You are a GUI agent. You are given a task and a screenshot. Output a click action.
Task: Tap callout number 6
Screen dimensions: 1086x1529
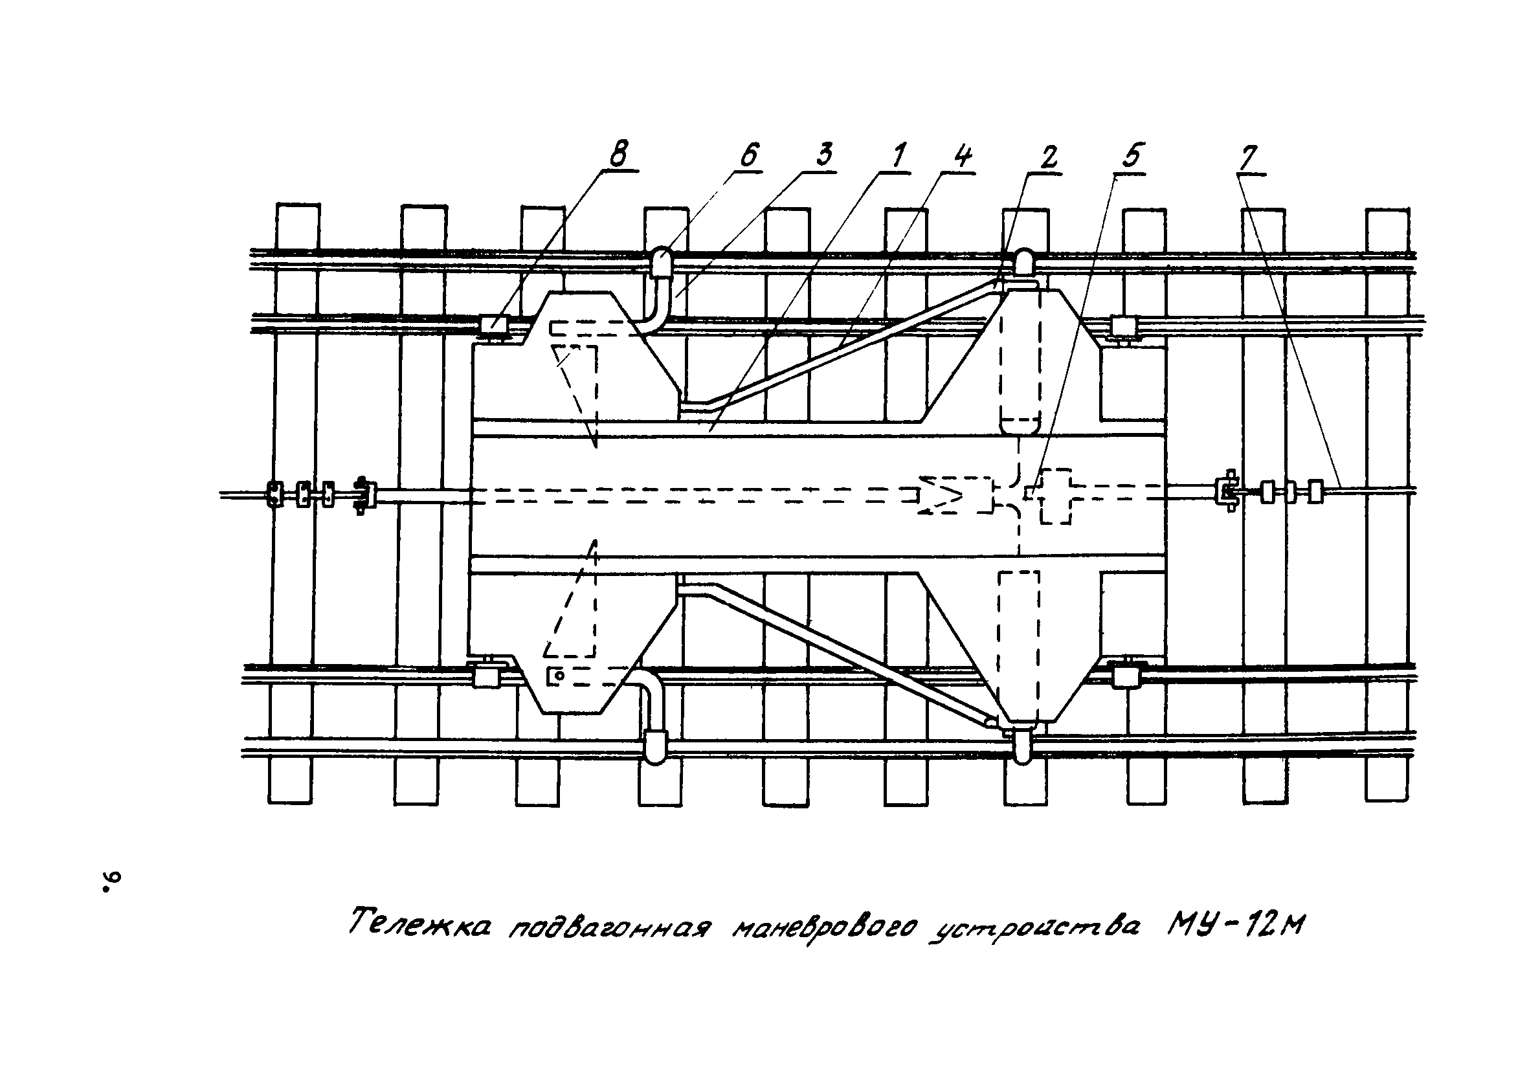748,155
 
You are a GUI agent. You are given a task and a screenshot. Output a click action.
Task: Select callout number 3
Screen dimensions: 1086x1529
824,155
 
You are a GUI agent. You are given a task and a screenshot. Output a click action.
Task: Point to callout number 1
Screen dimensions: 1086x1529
898,155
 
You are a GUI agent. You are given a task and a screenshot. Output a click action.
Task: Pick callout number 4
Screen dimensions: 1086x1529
963,156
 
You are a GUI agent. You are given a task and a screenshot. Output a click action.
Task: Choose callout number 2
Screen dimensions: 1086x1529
1048,157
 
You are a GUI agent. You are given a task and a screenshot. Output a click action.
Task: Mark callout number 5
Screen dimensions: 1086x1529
1130,156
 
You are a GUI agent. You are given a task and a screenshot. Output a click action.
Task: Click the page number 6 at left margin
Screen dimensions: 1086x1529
109,881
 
